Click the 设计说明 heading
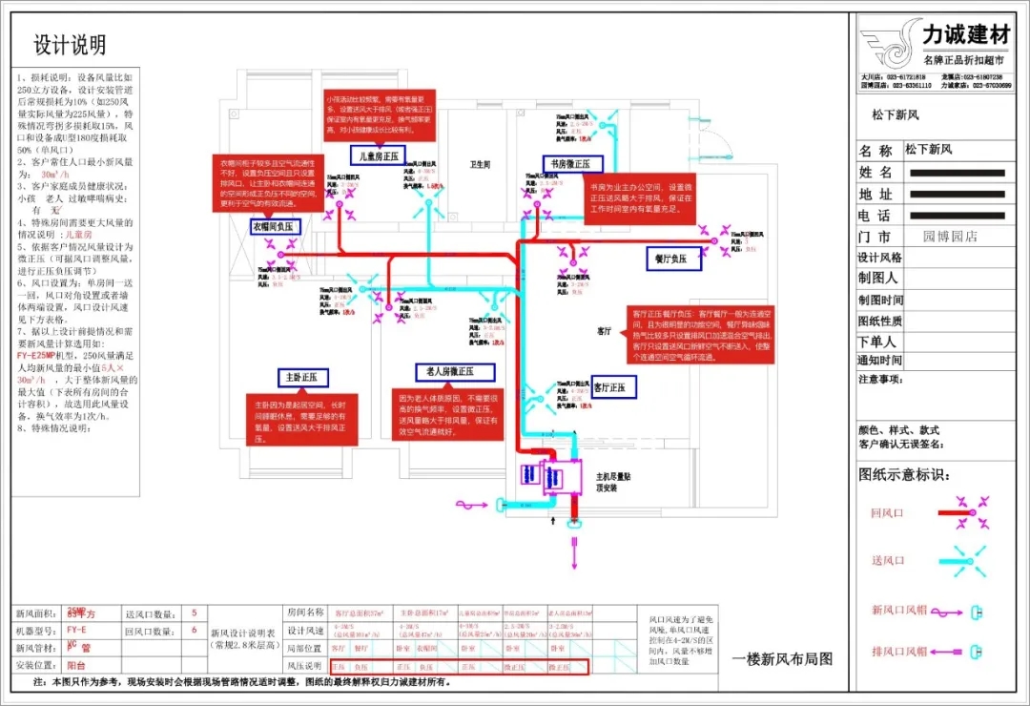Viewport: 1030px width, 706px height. click(70, 45)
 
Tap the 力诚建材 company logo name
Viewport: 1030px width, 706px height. click(965, 36)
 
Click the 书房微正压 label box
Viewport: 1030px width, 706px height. click(573, 163)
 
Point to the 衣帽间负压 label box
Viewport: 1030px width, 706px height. click(276, 227)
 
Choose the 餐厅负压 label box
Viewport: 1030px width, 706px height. click(671, 259)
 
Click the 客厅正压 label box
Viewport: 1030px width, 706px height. click(615, 387)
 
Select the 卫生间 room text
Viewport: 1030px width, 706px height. click(480, 164)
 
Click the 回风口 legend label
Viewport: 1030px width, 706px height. click(887, 513)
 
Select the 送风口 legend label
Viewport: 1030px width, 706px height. click(887, 560)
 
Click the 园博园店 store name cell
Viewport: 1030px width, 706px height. click(950, 237)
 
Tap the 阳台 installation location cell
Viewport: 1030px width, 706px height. click(76, 665)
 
